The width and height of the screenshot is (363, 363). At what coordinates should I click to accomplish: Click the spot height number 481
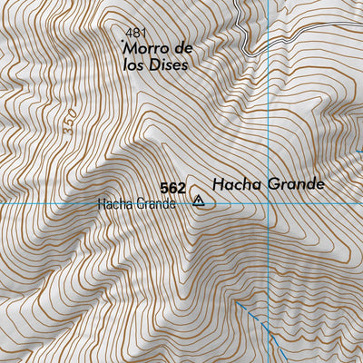tap(134, 31)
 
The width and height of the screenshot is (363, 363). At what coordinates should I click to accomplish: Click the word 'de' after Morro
tap(184, 47)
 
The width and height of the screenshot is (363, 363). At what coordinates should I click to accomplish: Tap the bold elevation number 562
tap(172, 188)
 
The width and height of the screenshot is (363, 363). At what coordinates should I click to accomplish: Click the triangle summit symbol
tap(199, 201)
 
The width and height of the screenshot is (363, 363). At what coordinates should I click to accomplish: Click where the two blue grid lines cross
tap(270, 203)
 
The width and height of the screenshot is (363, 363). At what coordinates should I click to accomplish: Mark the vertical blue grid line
tap(270, 109)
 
